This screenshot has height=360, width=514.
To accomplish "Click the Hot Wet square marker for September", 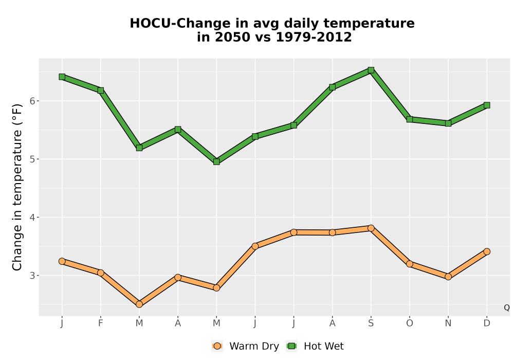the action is (x=371, y=70).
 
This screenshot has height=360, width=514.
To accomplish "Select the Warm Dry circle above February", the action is (x=101, y=273).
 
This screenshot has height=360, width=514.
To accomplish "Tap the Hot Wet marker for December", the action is (x=487, y=105).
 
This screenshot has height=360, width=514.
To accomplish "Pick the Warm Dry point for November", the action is (x=448, y=277).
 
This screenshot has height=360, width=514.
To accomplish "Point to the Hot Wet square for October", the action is (x=410, y=119).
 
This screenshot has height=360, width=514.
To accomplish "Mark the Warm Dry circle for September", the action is (x=371, y=228).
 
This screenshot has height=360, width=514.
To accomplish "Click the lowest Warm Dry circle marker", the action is (x=139, y=304).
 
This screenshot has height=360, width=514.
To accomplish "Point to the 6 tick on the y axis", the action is (x=32, y=101).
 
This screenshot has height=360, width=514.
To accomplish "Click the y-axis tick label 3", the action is (x=32, y=276).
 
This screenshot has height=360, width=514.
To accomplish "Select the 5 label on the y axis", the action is (x=32, y=159).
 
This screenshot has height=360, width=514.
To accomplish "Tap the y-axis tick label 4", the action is (x=32, y=218).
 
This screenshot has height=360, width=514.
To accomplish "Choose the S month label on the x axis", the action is (x=371, y=323).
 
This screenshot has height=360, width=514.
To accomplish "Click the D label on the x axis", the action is (x=487, y=323).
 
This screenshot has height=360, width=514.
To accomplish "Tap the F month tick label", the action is (x=101, y=323).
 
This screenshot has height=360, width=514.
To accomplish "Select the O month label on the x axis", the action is (x=410, y=323).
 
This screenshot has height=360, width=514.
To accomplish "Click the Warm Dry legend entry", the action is (x=245, y=346).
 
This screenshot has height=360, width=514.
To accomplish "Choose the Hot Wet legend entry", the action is (x=315, y=346).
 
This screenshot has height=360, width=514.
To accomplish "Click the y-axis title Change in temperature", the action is (x=17, y=187).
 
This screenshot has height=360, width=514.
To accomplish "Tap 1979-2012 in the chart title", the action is (x=314, y=37).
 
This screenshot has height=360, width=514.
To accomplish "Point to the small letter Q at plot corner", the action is (x=507, y=308).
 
